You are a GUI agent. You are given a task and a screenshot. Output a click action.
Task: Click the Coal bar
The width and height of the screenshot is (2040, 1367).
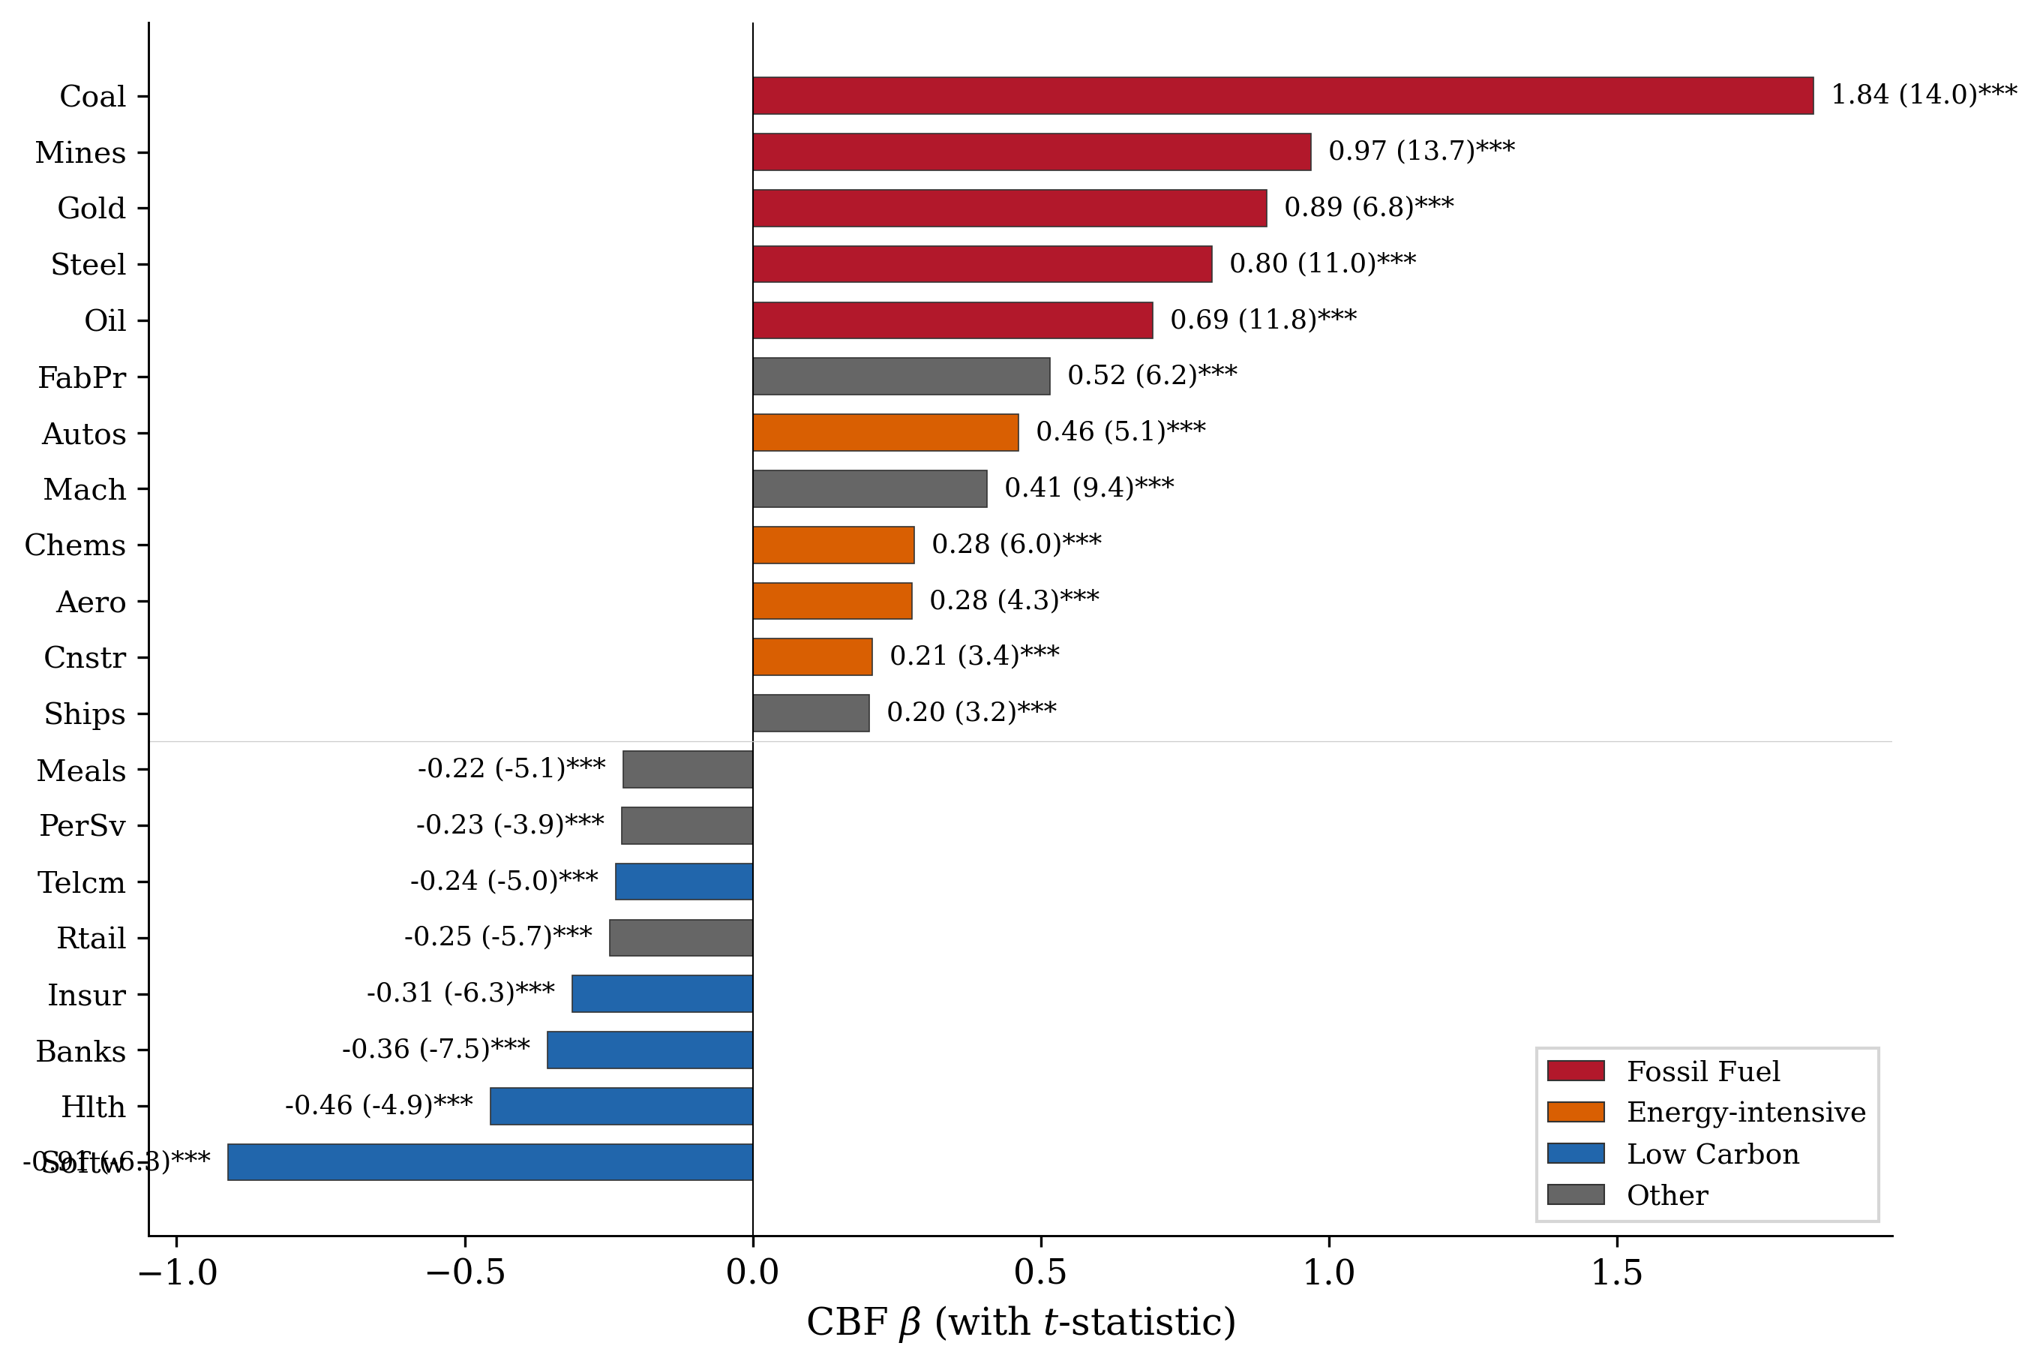tap(1282, 95)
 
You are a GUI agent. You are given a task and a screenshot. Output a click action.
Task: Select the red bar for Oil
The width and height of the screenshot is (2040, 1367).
tap(952, 320)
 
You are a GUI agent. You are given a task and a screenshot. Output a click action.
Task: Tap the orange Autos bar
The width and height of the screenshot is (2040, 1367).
tap(885, 432)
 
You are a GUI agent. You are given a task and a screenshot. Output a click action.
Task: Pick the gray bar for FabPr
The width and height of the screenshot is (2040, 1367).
tap(901, 377)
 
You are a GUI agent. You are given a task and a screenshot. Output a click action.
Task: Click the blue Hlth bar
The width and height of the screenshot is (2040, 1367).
tap(621, 1107)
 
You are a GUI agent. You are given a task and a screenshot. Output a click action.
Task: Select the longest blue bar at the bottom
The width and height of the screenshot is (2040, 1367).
tap(490, 1162)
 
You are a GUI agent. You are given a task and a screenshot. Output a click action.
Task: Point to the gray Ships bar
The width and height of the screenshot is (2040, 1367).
tap(811, 714)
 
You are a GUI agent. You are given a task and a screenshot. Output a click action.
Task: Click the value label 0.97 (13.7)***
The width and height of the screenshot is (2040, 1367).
tap(1421, 151)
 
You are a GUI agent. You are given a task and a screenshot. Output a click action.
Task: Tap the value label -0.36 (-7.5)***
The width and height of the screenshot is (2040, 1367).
tap(436, 1049)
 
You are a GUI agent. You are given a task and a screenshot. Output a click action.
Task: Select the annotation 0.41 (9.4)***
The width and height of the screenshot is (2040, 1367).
tap(1088, 488)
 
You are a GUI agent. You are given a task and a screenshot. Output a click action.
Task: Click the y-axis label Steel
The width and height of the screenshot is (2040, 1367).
tap(88, 264)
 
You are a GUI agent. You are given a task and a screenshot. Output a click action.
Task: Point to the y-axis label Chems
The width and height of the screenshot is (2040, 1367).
tap(75, 545)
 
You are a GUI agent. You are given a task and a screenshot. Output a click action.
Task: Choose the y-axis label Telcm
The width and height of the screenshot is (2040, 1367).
tap(81, 882)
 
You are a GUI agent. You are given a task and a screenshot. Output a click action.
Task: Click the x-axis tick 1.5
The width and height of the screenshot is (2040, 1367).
tap(1616, 1273)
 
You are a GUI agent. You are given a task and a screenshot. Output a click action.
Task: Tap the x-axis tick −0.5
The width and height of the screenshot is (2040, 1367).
tap(464, 1273)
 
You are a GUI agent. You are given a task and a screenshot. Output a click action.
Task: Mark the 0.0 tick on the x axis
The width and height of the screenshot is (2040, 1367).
tap(752, 1273)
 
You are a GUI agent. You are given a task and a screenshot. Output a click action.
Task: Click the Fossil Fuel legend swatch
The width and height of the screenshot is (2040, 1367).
tap(1576, 1071)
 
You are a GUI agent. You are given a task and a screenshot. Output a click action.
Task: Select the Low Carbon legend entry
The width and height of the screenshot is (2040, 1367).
tap(1712, 1153)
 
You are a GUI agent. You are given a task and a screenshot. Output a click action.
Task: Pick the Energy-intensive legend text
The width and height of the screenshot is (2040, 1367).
tap(1745, 1113)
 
